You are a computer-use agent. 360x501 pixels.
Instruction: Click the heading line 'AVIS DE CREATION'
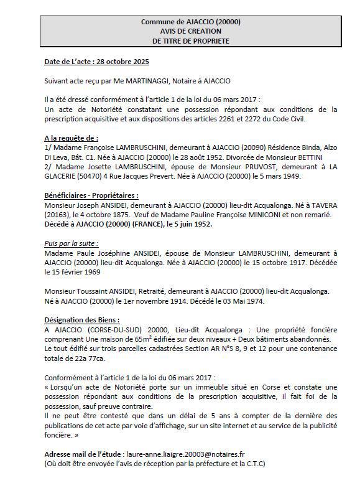tap(191, 31)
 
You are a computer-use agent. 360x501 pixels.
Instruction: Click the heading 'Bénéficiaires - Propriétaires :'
tap(91, 195)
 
